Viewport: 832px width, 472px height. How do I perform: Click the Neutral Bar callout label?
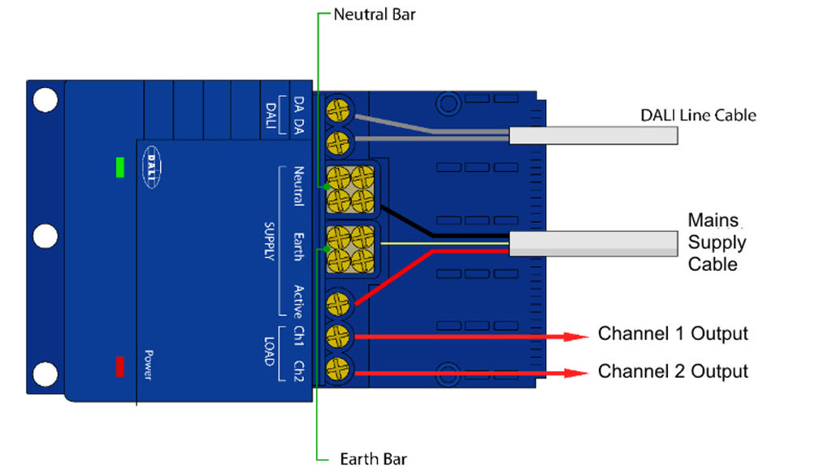[375, 15]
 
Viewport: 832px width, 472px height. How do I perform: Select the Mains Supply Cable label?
[717, 242]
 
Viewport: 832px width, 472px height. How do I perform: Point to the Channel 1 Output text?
[673, 334]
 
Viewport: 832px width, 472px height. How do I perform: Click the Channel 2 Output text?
[673, 371]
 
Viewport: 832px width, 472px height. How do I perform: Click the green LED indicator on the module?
[120, 168]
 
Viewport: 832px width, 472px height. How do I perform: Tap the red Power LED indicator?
[120, 366]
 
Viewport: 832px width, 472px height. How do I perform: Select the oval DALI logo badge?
[153, 167]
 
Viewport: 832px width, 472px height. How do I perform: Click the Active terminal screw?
[338, 304]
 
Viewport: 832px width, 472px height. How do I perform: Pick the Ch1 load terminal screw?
[338, 334]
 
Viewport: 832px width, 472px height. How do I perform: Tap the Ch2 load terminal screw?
[338, 365]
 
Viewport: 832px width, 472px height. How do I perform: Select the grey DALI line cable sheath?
[593, 136]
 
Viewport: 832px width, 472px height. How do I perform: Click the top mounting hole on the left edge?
[45, 100]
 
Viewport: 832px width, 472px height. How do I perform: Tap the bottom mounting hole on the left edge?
[45, 374]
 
